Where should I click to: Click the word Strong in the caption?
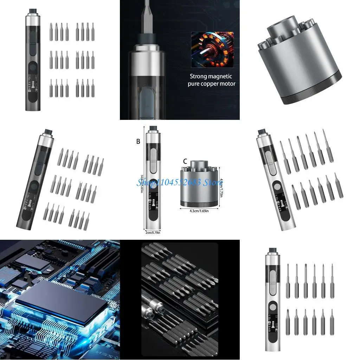(x=199, y=76)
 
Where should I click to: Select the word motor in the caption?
(x=227, y=84)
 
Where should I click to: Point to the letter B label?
(x=138, y=141)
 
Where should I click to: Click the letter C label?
(x=185, y=161)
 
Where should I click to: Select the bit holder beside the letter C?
(x=197, y=186)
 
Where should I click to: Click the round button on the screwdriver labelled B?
(x=153, y=183)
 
